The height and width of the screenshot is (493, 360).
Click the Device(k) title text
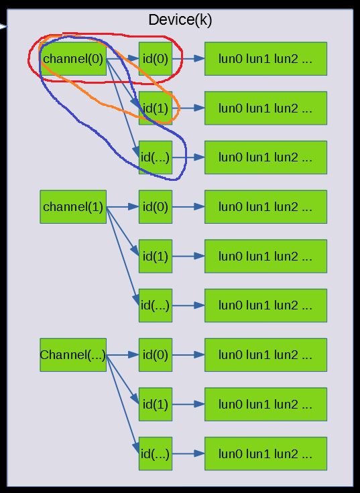click(180, 20)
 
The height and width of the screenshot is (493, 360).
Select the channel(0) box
click(73, 59)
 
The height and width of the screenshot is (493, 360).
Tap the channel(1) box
click(73, 207)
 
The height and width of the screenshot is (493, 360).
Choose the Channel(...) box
click(73, 355)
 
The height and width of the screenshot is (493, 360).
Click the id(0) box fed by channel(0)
click(156, 59)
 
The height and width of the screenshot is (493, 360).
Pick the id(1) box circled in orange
click(156, 108)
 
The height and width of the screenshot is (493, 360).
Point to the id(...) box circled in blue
click(156, 157)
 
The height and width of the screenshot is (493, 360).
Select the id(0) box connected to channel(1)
click(156, 207)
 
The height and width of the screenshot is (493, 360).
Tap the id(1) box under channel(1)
click(156, 256)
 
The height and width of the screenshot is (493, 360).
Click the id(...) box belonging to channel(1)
click(156, 305)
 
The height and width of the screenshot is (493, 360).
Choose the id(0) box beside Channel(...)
click(156, 355)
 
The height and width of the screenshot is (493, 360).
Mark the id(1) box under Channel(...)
click(156, 404)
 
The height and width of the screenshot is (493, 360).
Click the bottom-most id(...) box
click(156, 453)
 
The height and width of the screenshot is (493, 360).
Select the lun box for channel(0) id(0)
click(265, 59)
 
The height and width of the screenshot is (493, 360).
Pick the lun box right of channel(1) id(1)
click(265, 256)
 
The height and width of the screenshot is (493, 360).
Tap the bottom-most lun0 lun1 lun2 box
click(265, 453)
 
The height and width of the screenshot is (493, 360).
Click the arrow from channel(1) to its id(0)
click(123, 207)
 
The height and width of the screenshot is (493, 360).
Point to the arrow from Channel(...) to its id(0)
click(123, 355)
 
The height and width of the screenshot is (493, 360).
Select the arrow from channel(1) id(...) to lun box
click(188, 305)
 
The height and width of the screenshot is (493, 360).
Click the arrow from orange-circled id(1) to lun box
click(188, 108)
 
